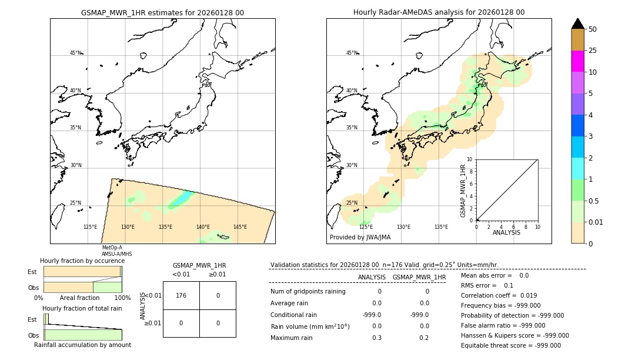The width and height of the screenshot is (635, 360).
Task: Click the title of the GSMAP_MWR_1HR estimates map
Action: point(162,12)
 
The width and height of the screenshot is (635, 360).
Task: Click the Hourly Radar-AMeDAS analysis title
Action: point(439,12)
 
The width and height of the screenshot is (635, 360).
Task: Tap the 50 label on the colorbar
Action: point(593,29)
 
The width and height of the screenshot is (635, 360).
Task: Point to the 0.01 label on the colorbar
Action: point(596,222)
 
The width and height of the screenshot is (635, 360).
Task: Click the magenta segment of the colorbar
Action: point(577,61)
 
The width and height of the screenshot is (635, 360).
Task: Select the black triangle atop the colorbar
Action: point(577,24)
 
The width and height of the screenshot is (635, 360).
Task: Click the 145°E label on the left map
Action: point(240,227)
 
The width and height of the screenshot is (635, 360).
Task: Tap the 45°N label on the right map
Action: point(352,53)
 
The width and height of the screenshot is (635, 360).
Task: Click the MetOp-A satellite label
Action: point(112,248)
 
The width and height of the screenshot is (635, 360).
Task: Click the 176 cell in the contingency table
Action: point(181,295)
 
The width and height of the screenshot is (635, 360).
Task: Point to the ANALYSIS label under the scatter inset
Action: point(506,232)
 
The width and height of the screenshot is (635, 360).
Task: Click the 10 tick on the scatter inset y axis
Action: point(470,159)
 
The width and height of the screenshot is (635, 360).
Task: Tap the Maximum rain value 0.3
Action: point(377,338)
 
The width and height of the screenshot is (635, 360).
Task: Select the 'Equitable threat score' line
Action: point(510,345)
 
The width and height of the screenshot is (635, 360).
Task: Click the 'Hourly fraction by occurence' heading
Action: point(82,261)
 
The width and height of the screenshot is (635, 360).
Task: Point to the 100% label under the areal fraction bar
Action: point(122,298)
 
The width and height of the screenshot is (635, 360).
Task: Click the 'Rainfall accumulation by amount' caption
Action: point(82,345)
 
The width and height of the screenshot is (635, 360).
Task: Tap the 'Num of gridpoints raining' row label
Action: point(308,292)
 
